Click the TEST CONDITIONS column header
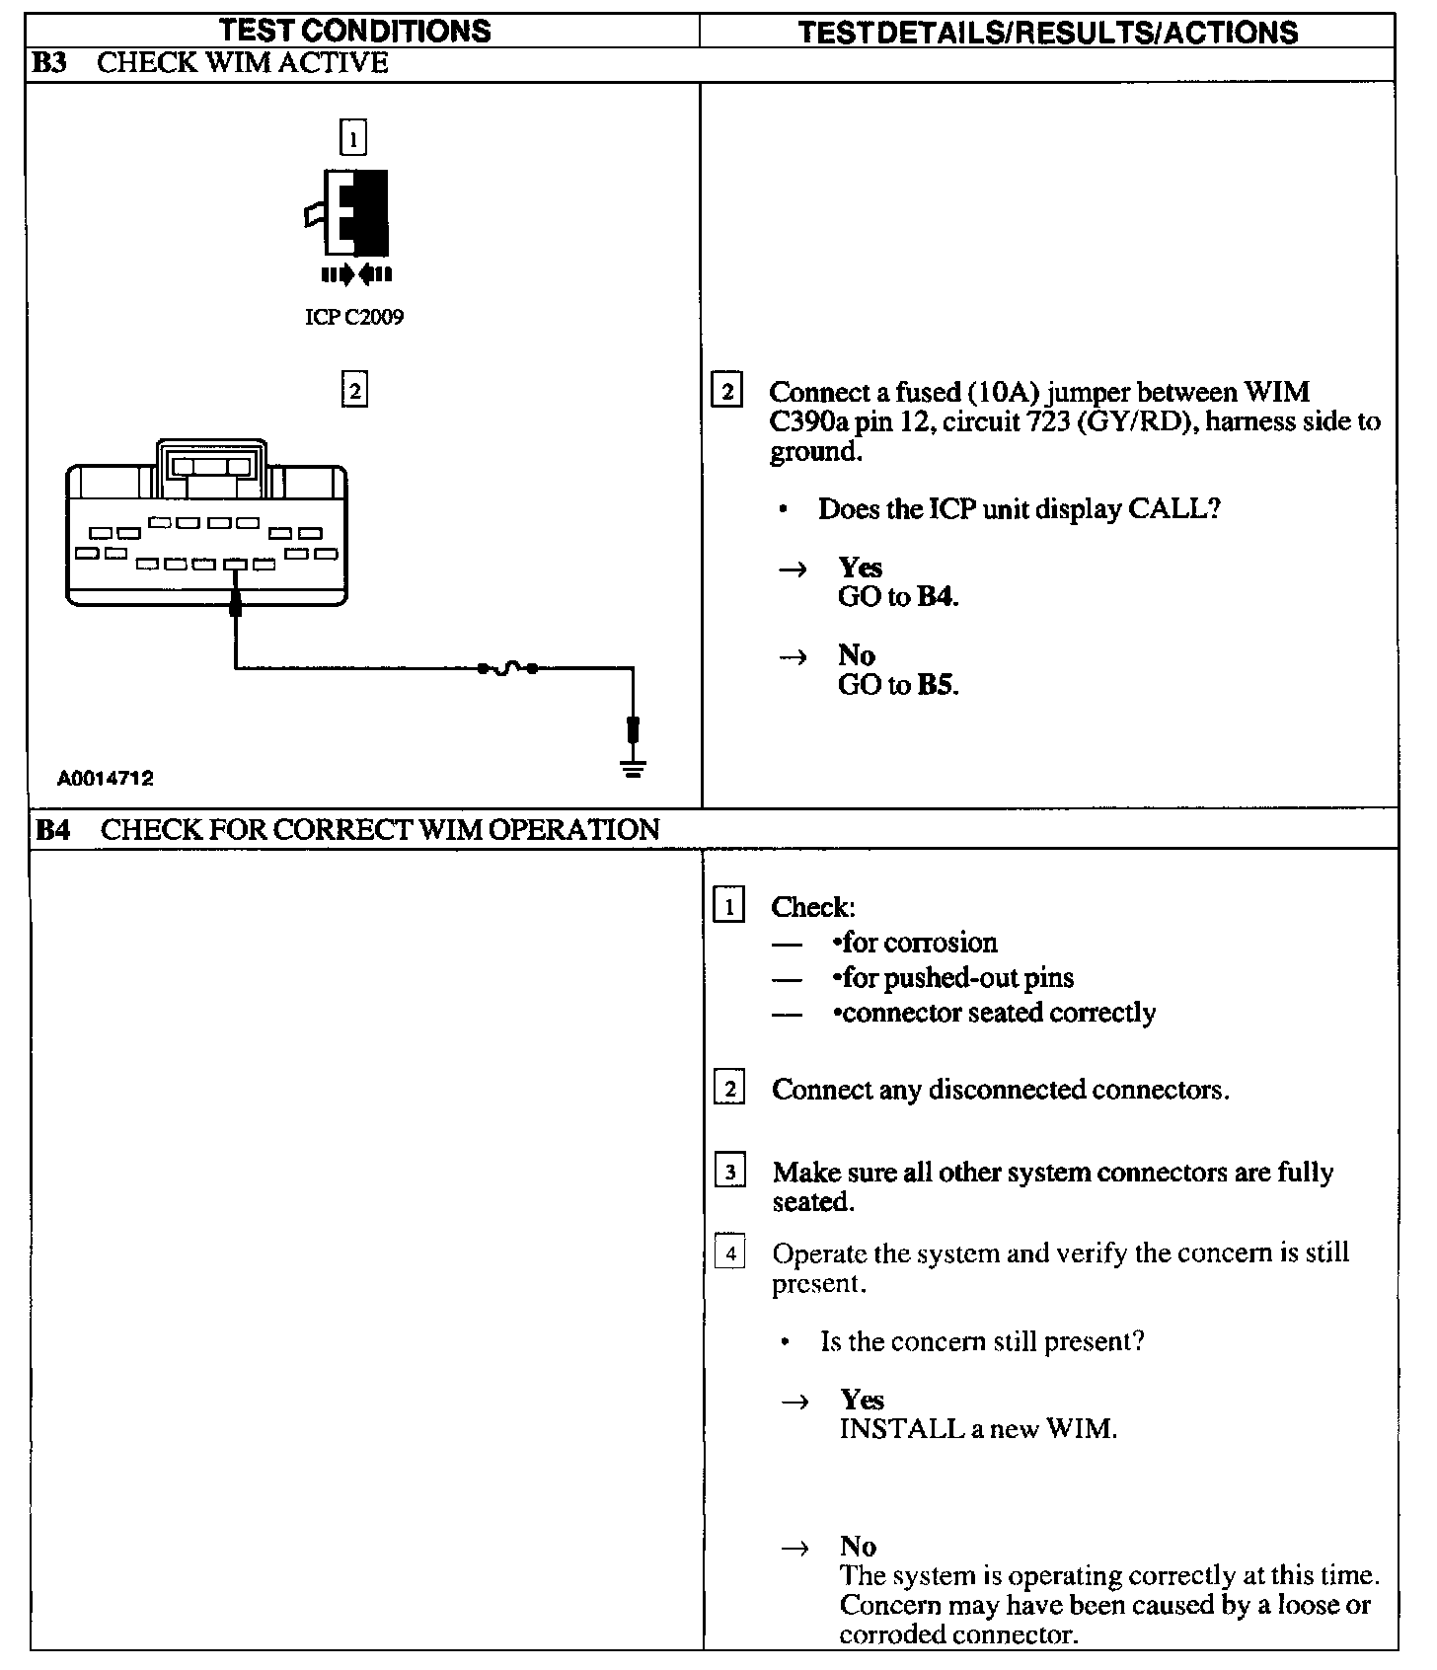tap(355, 31)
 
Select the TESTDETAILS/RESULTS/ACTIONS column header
tap(1047, 33)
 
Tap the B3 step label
tap(48, 63)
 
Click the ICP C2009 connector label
tap(353, 318)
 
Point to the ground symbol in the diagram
tap(634, 768)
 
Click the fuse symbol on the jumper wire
tap(507, 669)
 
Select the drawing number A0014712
tap(106, 779)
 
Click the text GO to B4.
tap(898, 597)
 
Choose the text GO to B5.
tap(898, 685)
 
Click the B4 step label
tap(52, 830)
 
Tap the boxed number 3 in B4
tap(729, 1173)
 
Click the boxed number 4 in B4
tap(729, 1253)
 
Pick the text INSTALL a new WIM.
tap(978, 1429)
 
